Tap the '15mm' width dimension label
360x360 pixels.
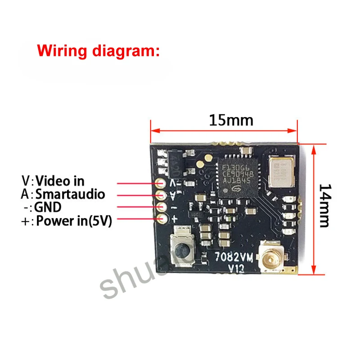[231, 121]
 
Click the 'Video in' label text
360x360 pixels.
[60, 181]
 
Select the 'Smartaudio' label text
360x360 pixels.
[70, 194]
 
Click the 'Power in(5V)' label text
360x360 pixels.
[74, 221]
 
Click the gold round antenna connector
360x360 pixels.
[272, 260]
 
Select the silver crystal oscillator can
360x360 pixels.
[282, 171]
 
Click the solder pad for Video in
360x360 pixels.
[161, 184]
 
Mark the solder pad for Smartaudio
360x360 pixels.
[161, 195]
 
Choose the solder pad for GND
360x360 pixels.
[161, 207]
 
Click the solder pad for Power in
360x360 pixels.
[161, 219]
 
